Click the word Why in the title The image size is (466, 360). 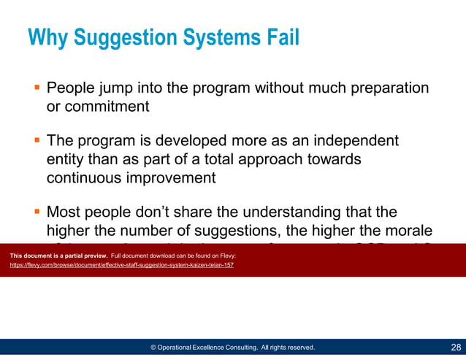pyautogui.click(x=48, y=37)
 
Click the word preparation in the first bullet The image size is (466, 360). pyautogui.click(x=386, y=88)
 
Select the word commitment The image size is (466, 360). pyautogui.click(x=98, y=106)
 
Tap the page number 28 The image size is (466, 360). pyautogui.click(x=455, y=347)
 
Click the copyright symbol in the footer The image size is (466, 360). pyautogui.click(x=154, y=348)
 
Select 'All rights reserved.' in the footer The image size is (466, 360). pyautogui.click(x=288, y=348)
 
